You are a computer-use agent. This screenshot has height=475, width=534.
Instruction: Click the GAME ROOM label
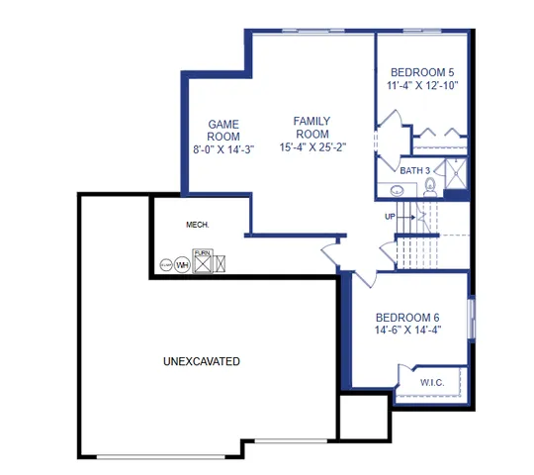pos(222,131)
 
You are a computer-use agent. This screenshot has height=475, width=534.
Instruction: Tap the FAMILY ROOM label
pos(311,127)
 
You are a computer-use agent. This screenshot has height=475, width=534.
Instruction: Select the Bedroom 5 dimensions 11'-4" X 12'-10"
pos(422,86)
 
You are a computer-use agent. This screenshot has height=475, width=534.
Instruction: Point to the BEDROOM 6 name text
pos(407,317)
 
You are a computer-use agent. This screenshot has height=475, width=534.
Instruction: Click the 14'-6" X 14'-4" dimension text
pos(407,331)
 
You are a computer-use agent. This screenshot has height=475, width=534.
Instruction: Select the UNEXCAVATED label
pos(201,362)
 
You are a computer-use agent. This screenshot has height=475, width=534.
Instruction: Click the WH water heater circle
pos(182,264)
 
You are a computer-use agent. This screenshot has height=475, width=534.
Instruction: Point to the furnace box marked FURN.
pos(203,262)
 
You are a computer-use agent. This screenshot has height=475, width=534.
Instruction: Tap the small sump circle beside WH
pos(165,265)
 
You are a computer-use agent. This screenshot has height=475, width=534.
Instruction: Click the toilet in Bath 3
pos(431,184)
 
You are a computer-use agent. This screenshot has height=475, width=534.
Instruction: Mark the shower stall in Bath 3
pos(456,178)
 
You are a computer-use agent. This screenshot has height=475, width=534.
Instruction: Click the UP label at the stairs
pos(391,216)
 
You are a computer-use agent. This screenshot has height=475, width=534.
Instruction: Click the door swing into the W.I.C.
pos(407,375)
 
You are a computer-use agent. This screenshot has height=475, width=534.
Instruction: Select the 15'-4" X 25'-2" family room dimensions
pos(311,147)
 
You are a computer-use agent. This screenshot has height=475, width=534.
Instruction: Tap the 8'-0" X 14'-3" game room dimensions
pos(222,150)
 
